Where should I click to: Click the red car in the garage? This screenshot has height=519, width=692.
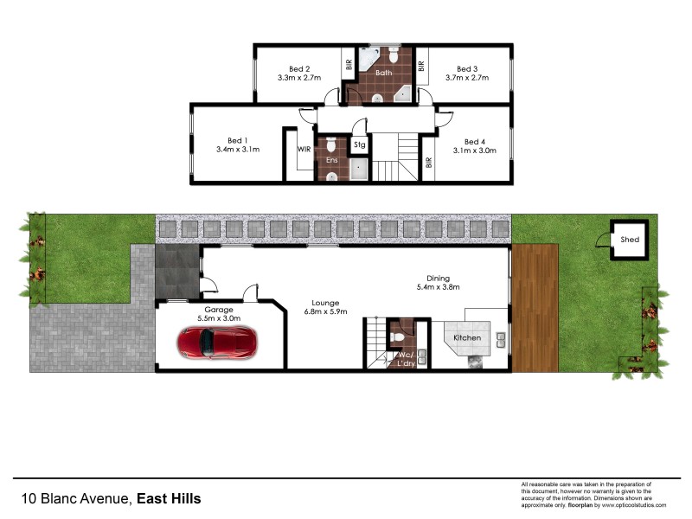[x=215, y=343]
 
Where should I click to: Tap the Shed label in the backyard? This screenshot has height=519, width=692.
[x=630, y=240]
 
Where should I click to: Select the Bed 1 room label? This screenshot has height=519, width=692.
[x=238, y=140]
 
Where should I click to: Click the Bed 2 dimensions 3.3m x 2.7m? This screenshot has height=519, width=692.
[x=299, y=78]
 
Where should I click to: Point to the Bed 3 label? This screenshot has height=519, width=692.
[x=467, y=69]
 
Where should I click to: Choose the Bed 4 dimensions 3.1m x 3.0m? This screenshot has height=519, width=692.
[x=475, y=151]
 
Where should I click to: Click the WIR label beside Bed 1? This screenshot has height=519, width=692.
[x=304, y=149]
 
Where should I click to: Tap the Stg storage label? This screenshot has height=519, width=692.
[x=359, y=145]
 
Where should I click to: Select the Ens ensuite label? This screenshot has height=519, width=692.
[x=331, y=161]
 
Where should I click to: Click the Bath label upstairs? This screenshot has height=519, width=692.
[x=384, y=73]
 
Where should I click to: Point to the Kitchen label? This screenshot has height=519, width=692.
[x=468, y=337]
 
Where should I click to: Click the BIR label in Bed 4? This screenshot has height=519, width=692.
[x=429, y=162]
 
